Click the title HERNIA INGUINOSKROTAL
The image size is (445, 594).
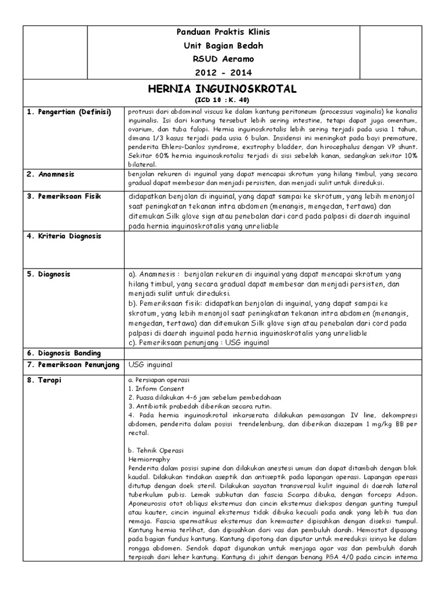click(x=223, y=89)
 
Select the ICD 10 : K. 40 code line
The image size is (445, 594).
click(x=223, y=100)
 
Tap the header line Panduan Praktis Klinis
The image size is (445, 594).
click(x=223, y=32)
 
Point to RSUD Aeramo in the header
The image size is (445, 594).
click(x=223, y=59)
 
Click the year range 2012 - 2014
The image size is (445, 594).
click(x=223, y=73)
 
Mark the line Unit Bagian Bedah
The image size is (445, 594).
click(x=223, y=46)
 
